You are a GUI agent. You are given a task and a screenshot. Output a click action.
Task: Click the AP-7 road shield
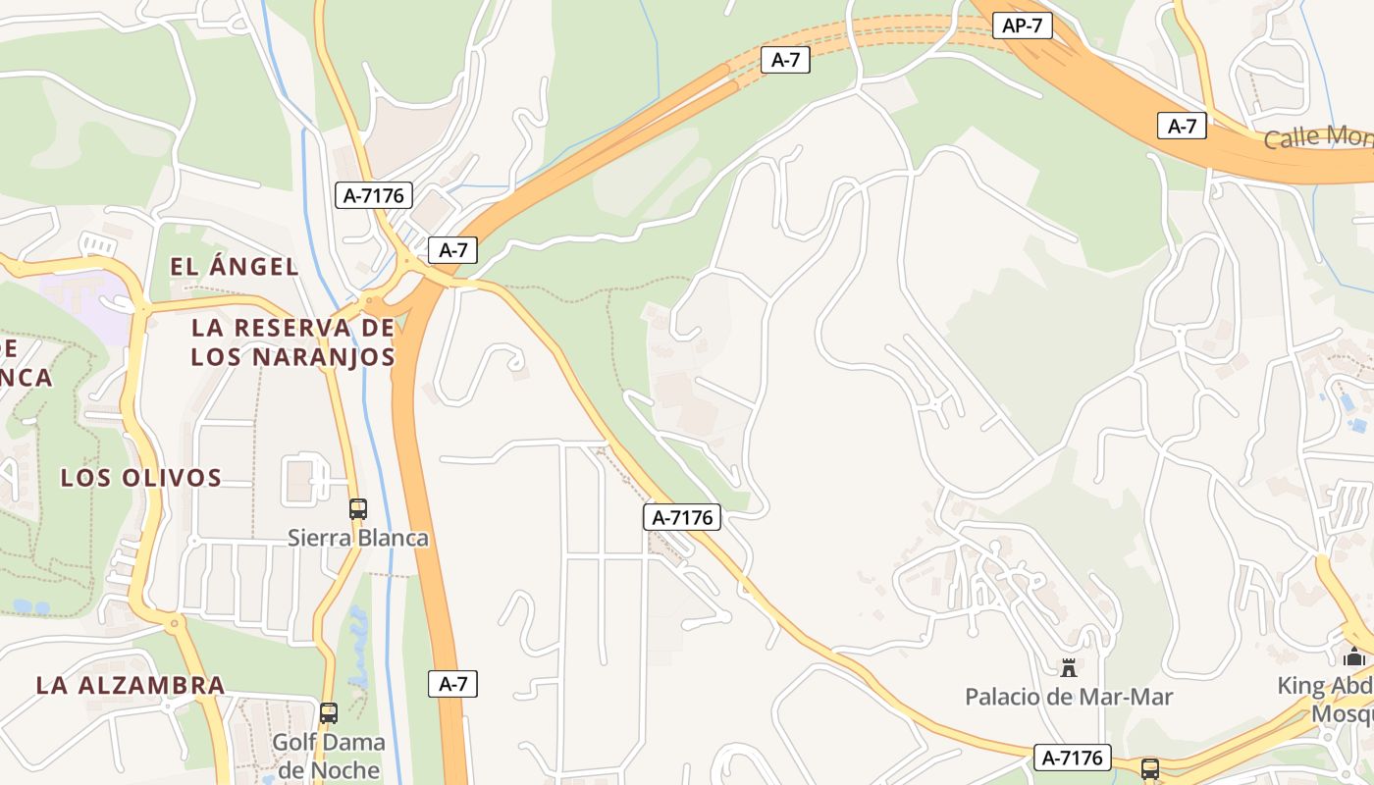click(x=1022, y=26)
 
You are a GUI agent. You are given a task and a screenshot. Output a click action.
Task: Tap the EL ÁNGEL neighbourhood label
click(x=234, y=266)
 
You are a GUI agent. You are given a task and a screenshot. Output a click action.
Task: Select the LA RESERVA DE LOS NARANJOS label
click(x=292, y=341)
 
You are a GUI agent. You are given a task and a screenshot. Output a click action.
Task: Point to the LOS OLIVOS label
click(x=141, y=478)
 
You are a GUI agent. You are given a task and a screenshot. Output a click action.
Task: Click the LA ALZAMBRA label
click(x=131, y=685)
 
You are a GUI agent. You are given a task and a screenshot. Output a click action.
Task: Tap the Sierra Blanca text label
click(x=358, y=538)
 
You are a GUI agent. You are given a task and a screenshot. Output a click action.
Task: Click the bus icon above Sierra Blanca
click(x=358, y=508)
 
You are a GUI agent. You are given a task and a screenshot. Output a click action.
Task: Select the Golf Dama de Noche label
click(x=328, y=756)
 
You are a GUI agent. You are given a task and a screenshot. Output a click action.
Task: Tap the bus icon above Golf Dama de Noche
click(x=329, y=712)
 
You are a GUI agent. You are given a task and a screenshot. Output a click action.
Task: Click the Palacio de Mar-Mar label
click(x=1069, y=697)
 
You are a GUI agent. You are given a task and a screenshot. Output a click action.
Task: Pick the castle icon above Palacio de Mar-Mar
click(x=1069, y=668)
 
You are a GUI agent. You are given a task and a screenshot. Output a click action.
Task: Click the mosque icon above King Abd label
click(x=1354, y=656)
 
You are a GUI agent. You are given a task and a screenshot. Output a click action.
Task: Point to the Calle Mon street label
click(x=1317, y=137)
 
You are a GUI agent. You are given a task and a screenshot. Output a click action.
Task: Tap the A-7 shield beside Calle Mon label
click(x=1182, y=126)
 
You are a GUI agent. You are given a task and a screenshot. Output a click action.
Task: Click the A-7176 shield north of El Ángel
click(x=374, y=194)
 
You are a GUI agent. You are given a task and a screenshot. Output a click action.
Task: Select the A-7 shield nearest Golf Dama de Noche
click(x=452, y=684)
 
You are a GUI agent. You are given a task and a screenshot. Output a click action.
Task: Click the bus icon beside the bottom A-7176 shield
click(x=1149, y=768)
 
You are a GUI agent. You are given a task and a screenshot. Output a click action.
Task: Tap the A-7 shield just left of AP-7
click(x=786, y=59)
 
